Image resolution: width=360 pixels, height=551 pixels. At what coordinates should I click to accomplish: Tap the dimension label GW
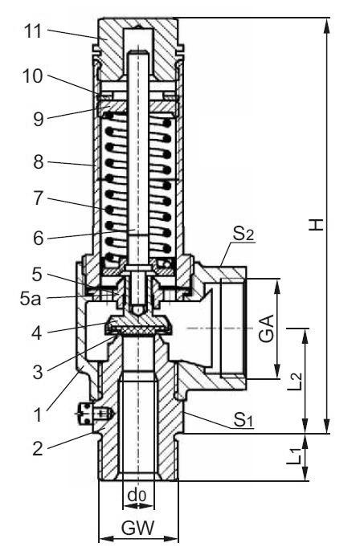coord(137,530)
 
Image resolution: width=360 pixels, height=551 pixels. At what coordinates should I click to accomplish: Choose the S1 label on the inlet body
coord(243,418)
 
